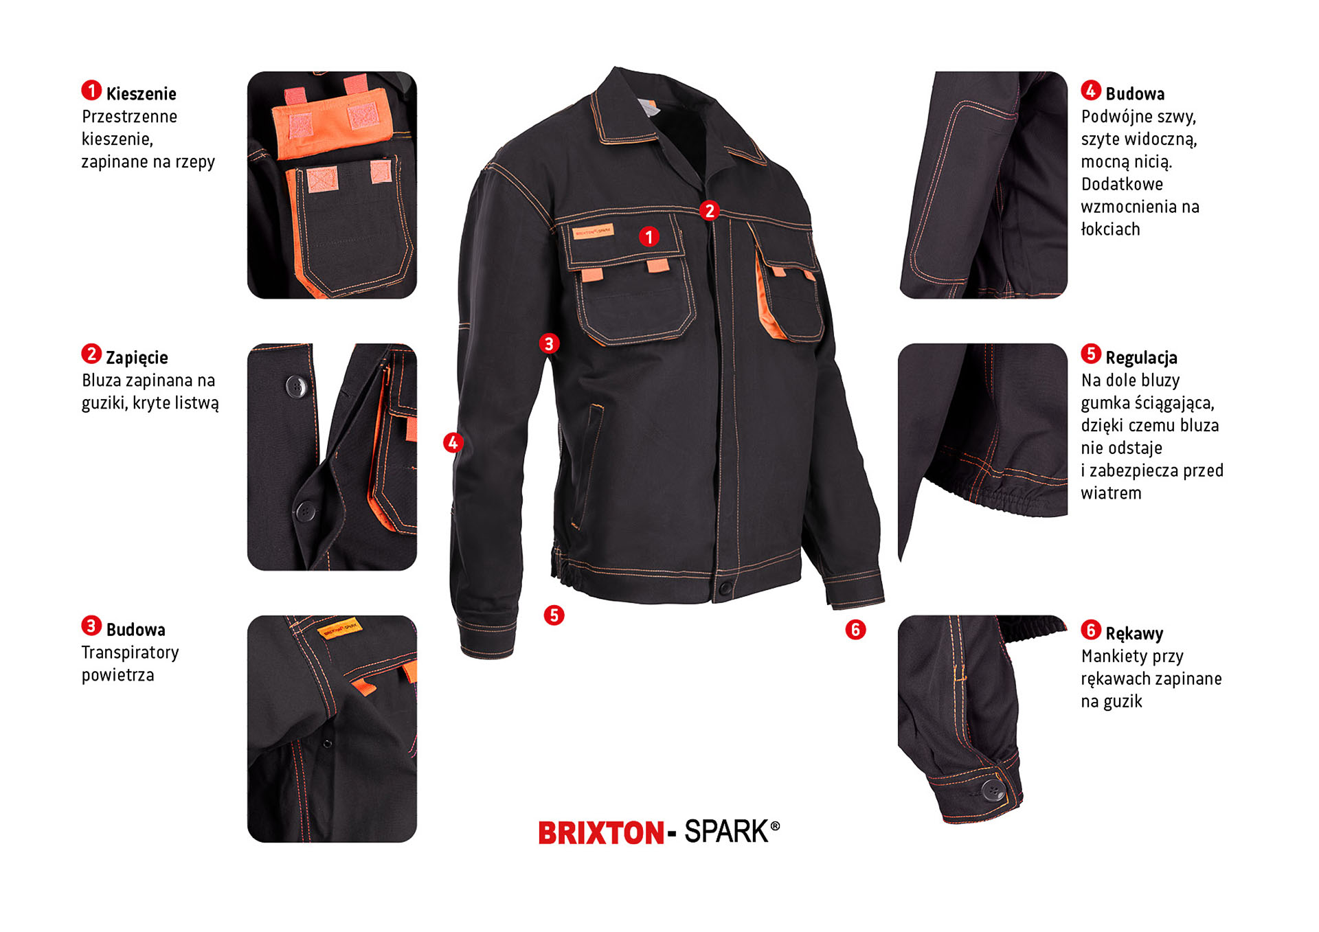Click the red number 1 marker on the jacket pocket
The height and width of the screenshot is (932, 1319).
tap(649, 237)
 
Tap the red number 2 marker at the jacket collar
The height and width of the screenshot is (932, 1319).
tap(710, 210)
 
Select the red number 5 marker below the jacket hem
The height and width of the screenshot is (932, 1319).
tap(554, 615)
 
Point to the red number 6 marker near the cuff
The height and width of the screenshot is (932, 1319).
tap(855, 629)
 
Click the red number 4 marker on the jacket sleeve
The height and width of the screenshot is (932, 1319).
tap(453, 442)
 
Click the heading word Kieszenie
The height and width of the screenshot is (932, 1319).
tap(141, 93)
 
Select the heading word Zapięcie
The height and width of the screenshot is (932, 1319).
tap(137, 357)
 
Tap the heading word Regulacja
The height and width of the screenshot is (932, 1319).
tap(1141, 358)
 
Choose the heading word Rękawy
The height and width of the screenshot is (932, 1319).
tap(1134, 633)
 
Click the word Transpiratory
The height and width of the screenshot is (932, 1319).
tap(130, 652)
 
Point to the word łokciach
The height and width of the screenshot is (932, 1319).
tap(1110, 229)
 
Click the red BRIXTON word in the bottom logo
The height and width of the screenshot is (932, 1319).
tap(601, 833)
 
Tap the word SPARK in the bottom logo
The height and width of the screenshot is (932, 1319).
tap(726, 832)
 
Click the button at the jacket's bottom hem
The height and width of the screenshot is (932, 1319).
tap(724, 588)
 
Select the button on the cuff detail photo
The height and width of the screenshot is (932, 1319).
tap(992, 790)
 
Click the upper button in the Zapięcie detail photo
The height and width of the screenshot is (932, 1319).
tap(296, 386)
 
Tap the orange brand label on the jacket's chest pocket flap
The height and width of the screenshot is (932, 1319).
tap(594, 232)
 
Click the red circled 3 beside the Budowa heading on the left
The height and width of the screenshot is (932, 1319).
tap(91, 626)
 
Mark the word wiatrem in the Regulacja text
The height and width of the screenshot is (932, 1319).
tap(1111, 493)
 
